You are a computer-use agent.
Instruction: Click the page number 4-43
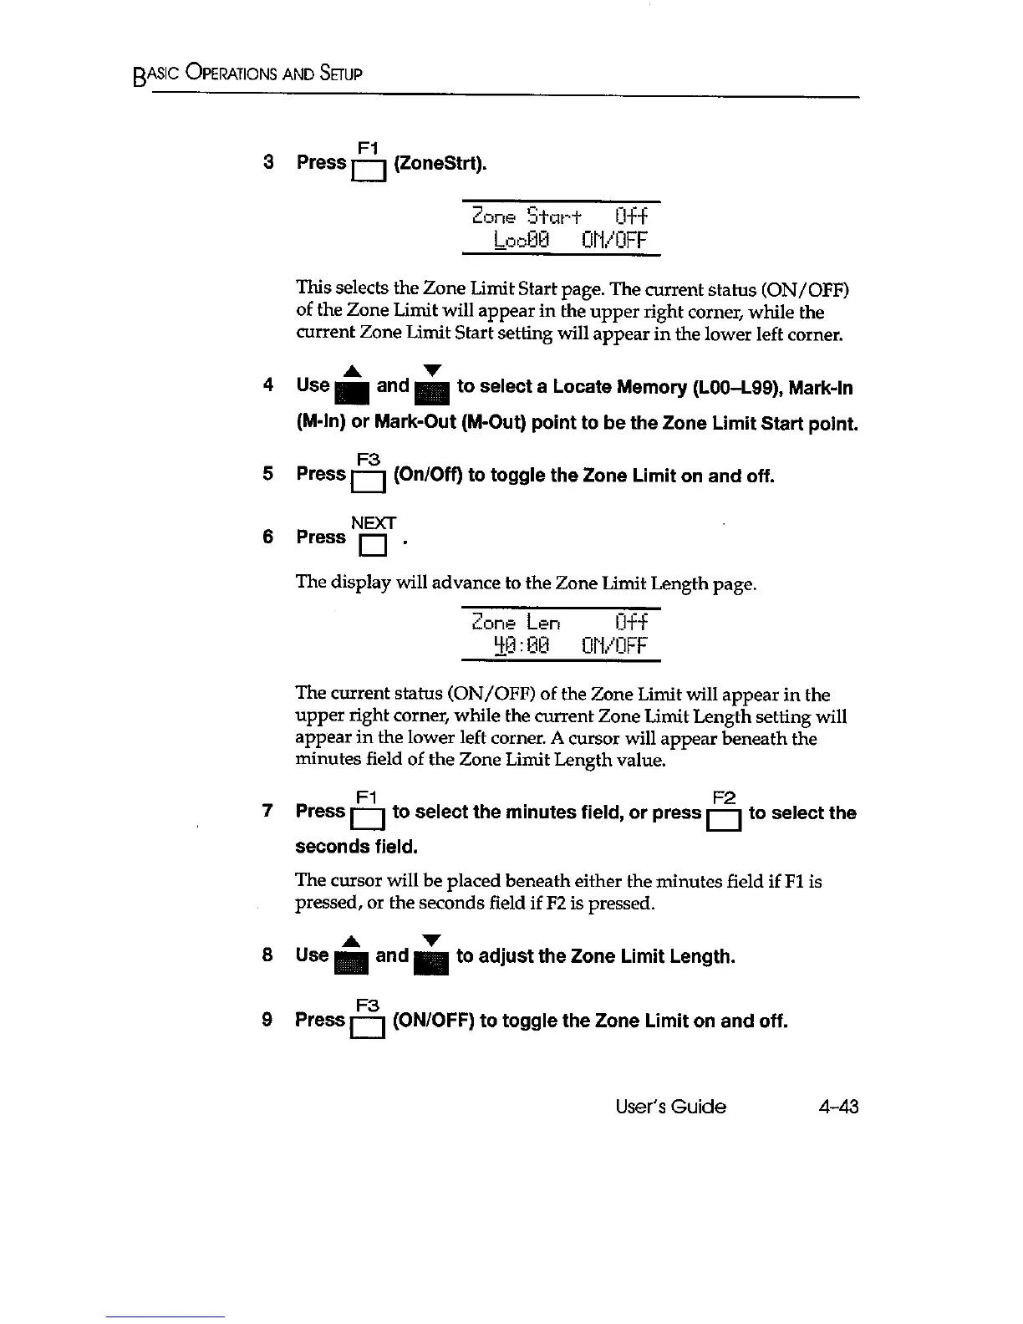tap(838, 1107)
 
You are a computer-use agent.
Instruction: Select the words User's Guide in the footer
tap(670, 1107)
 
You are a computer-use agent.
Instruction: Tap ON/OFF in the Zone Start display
tap(614, 241)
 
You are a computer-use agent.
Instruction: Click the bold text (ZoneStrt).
tap(439, 163)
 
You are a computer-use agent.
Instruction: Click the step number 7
tap(267, 812)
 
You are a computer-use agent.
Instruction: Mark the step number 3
tap(268, 162)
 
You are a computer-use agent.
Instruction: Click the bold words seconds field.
tap(356, 847)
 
